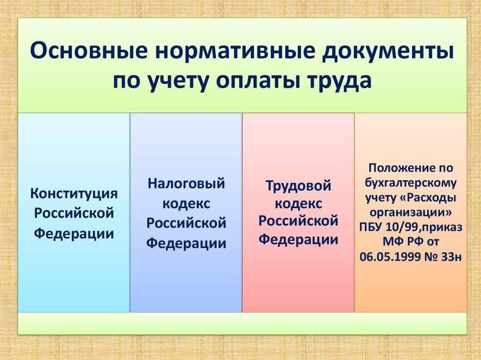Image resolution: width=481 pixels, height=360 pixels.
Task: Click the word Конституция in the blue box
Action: click(x=74, y=194)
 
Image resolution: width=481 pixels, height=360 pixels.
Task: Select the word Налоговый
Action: click(x=186, y=184)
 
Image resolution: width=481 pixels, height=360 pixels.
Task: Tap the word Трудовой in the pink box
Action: click(x=298, y=186)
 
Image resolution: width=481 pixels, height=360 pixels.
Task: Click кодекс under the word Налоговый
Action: click(x=186, y=203)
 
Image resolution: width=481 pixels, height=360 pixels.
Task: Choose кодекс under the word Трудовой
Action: click(x=298, y=204)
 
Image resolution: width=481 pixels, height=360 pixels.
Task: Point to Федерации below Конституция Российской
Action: click(x=74, y=233)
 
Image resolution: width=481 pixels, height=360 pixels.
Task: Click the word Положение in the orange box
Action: click(x=411, y=168)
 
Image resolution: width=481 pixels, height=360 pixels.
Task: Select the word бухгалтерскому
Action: click(x=411, y=183)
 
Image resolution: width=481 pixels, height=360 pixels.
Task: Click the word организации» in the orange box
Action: click(x=411, y=212)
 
